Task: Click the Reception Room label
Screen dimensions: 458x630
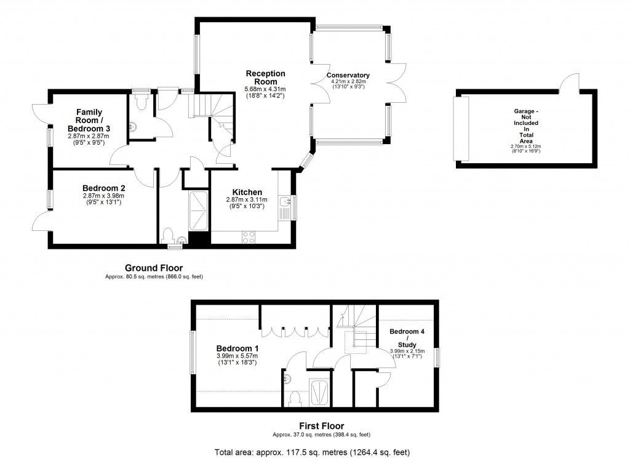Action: point(261,78)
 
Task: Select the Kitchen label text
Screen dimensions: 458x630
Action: point(247,192)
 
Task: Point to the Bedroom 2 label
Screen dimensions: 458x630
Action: point(104,188)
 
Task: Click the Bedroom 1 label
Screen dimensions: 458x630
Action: point(237,348)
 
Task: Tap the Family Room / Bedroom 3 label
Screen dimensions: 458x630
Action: point(89,120)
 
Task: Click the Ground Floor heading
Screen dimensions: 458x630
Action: point(153,268)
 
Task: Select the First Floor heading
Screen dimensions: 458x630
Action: point(321,425)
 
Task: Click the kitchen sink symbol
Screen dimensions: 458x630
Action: point(285,202)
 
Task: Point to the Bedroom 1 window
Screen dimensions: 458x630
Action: point(192,352)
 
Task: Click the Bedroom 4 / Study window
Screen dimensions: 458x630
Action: point(437,358)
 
